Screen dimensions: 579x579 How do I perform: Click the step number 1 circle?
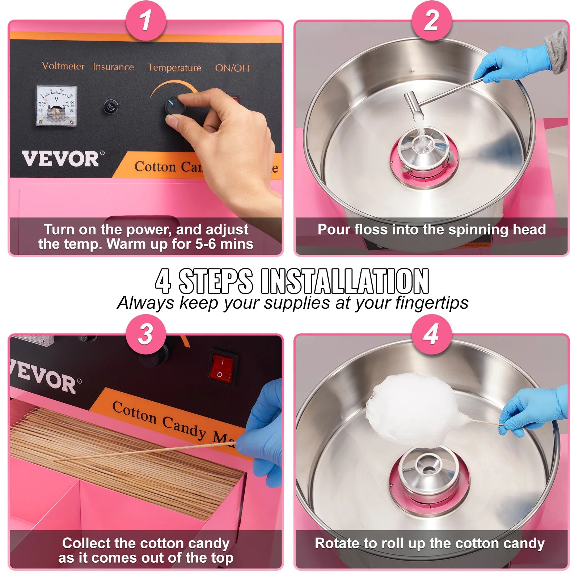click(x=145, y=21)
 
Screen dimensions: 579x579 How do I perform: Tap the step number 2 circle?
click(x=431, y=21)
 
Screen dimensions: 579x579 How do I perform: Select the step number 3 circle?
click(x=145, y=334)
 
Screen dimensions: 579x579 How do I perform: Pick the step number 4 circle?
click(x=431, y=334)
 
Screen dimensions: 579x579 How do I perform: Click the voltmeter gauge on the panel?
click(x=56, y=106)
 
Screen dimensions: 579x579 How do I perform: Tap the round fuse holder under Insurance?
click(x=111, y=107)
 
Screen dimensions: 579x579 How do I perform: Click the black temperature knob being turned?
click(x=174, y=107)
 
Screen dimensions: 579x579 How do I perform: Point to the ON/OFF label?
click(x=233, y=68)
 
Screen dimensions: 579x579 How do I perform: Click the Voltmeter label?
click(x=63, y=66)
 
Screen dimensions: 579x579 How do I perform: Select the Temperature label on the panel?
click(x=174, y=68)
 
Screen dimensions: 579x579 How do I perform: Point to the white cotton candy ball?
click(x=413, y=409)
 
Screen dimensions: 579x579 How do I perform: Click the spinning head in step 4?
click(x=429, y=470)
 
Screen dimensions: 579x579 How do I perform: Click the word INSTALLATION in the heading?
click(x=345, y=282)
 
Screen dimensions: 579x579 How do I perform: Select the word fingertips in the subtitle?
click(x=432, y=303)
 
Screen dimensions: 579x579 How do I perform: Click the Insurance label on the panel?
click(x=113, y=67)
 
